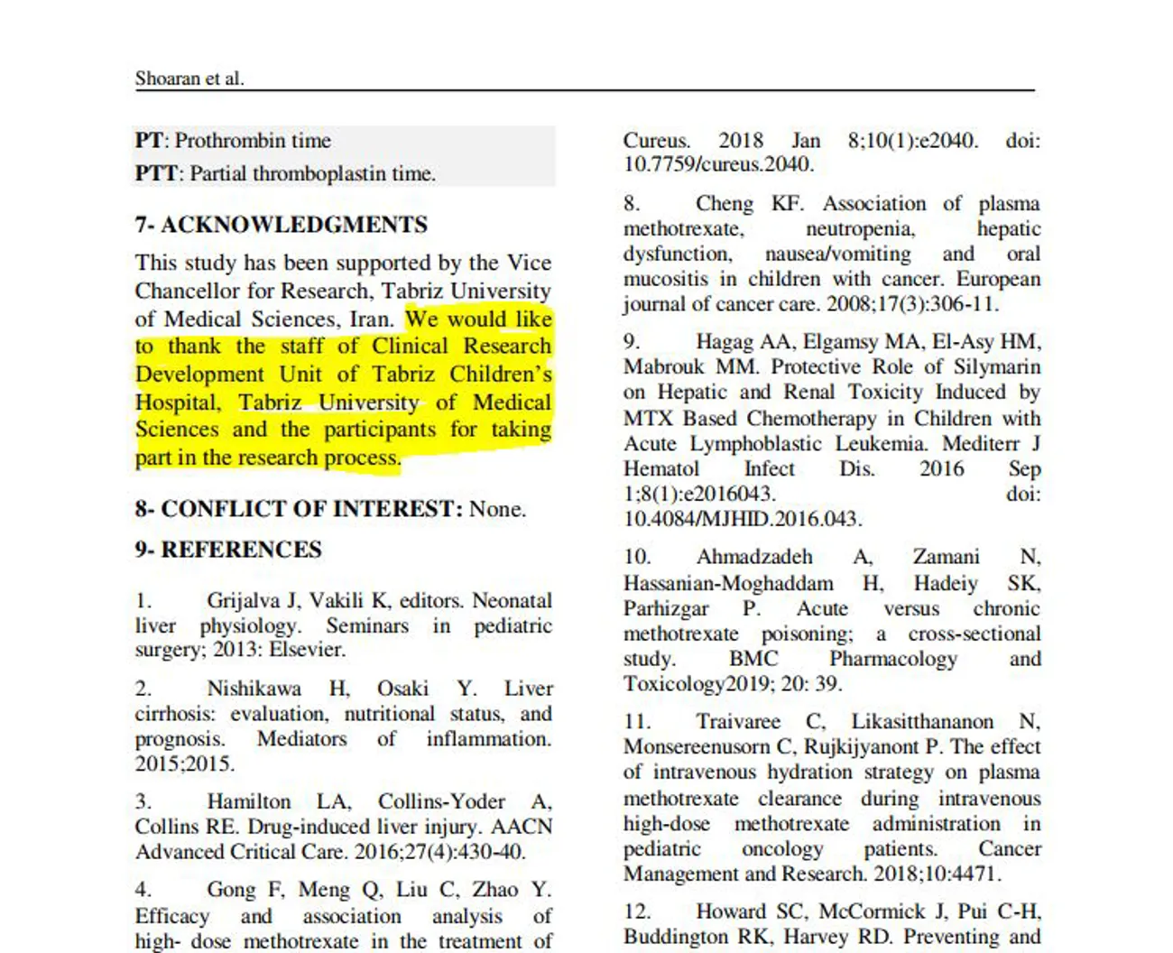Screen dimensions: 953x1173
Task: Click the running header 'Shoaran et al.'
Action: pyautogui.click(x=189, y=79)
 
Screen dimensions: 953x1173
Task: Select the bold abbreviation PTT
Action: pyautogui.click(x=156, y=173)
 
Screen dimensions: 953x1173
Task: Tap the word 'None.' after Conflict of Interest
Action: pyautogui.click(x=497, y=509)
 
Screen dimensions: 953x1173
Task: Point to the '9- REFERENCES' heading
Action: pyautogui.click(x=228, y=550)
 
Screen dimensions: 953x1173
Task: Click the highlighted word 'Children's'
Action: pyautogui.click(x=501, y=375)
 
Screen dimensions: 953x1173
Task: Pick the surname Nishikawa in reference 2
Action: pyautogui.click(x=254, y=689)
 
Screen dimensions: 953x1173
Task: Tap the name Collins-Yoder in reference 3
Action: pyautogui.click(x=441, y=801)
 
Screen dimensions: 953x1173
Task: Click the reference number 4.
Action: pyautogui.click(x=143, y=890)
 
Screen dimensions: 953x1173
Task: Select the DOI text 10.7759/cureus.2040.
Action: pyautogui.click(x=718, y=164)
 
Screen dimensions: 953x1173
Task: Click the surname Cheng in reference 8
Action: pyautogui.click(x=724, y=204)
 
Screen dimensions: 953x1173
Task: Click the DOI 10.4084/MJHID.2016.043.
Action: pyautogui.click(x=742, y=519)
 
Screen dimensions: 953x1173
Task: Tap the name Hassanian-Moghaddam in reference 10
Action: pyautogui.click(x=728, y=584)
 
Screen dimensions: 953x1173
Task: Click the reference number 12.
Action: pyautogui.click(x=637, y=911)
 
